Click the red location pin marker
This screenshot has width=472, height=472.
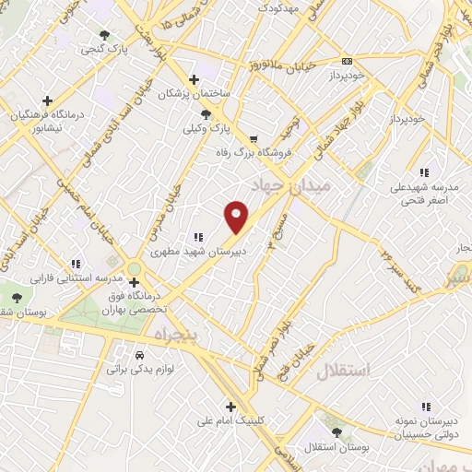click(237, 216)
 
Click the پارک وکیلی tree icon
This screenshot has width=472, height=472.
click(206, 114)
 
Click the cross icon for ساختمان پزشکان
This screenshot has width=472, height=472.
click(193, 79)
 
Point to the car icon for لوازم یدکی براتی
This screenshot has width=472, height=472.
click(139, 355)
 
